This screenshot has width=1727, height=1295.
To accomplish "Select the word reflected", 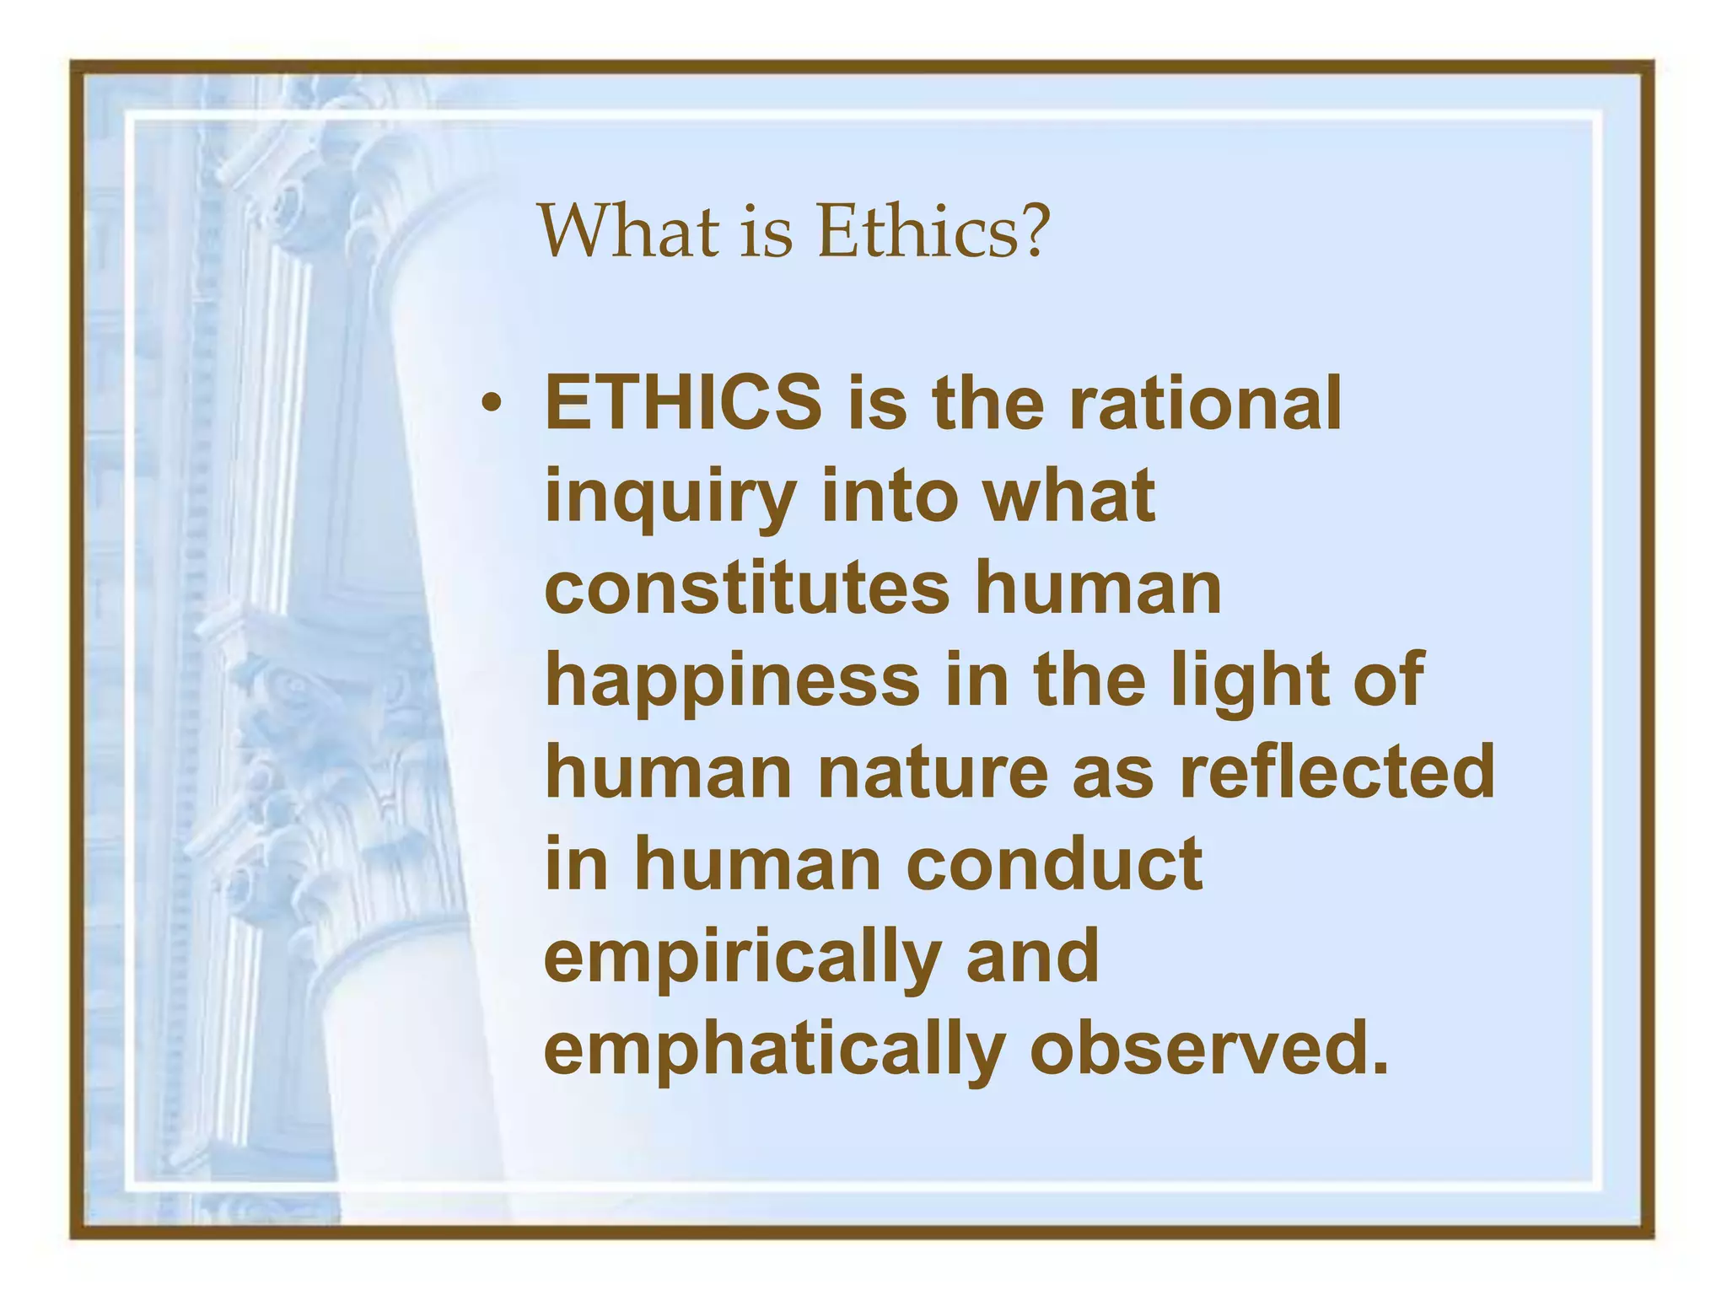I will (1337, 772).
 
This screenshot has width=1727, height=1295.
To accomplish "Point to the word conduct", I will (1054, 865).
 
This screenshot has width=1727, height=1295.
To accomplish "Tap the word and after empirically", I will (1032, 958).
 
